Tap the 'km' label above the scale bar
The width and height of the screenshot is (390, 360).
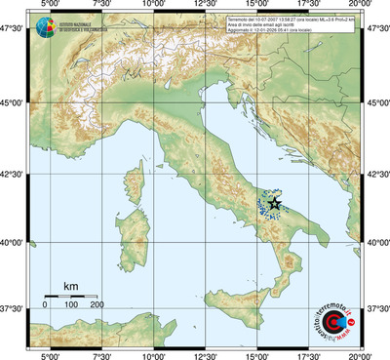tap(70, 286)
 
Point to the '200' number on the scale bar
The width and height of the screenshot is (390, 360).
tap(97, 305)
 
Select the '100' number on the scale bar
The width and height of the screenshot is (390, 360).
tap(70, 305)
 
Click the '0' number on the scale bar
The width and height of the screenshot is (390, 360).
tap(45, 305)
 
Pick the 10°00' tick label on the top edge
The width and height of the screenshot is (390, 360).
tap(153, 7)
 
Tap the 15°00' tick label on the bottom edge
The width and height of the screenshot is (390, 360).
tap(258, 354)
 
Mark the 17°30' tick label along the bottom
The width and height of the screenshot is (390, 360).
tap(310, 354)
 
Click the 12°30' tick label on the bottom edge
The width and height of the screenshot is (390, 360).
tap(206, 354)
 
